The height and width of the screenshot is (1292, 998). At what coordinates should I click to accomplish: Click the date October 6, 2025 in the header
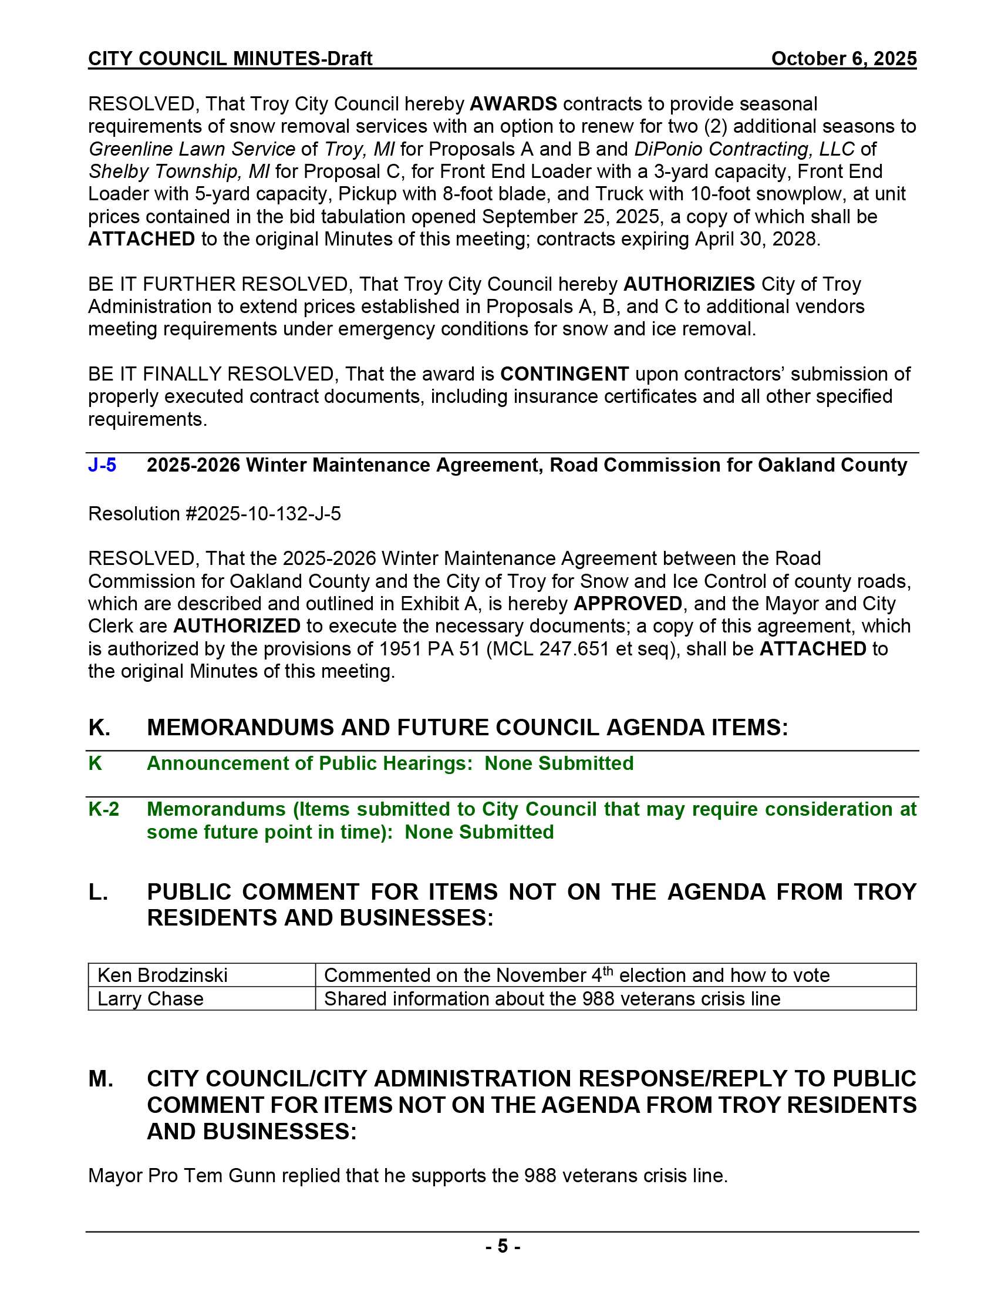[844, 59]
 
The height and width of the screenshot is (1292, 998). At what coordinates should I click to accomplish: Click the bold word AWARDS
[513, 104]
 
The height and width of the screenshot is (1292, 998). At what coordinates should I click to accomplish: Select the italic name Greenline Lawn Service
[191, 149]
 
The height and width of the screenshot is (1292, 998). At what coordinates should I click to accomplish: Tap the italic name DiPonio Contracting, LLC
[744, 149]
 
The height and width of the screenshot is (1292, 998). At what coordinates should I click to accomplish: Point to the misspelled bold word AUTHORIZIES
[689, 285]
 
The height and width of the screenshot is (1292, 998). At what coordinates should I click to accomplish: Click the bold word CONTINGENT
[565, 375]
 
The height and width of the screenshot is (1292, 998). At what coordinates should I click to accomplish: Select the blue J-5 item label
[102, 466]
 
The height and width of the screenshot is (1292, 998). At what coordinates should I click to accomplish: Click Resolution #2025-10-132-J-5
[215, 514]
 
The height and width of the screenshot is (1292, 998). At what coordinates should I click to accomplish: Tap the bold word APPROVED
[628, 604]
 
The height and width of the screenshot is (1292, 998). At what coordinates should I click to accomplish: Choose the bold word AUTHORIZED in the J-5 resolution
[237, 627]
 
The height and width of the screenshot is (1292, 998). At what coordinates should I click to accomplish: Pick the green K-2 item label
[103, 809]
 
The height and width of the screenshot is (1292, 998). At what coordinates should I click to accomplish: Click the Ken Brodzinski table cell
[163, 975]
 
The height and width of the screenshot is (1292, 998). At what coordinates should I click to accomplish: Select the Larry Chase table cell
[150, 999]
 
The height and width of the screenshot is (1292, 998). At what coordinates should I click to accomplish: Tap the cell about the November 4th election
[576, 975]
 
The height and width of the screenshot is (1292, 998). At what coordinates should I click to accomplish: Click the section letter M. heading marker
[101, 1079]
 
